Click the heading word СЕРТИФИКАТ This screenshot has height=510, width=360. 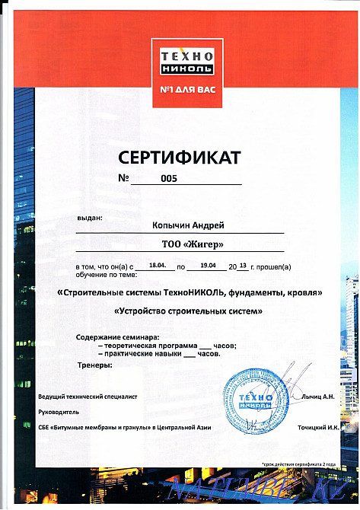coord(180,158)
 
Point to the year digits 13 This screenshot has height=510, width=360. coord(243,266)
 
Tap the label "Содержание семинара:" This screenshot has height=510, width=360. coord(117,337)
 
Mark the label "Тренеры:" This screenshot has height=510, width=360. coord(94,365)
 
